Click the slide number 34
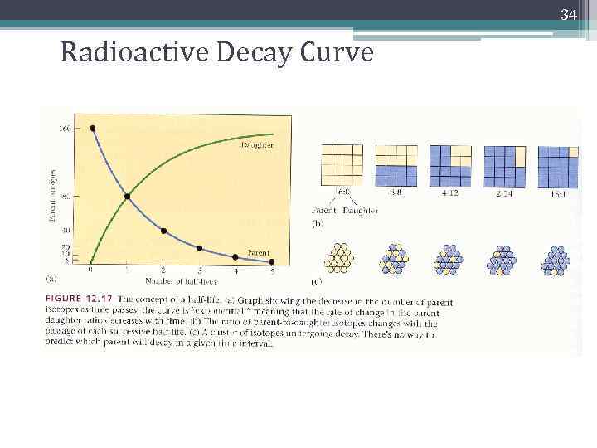point(568,15)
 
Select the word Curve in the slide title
point(335,53)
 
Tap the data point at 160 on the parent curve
point(91,128)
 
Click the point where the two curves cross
point(127,197)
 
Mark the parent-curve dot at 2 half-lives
point(163,231)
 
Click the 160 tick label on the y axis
point(64,128)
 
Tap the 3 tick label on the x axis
point(199,270)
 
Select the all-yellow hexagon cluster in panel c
point(339,259)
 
